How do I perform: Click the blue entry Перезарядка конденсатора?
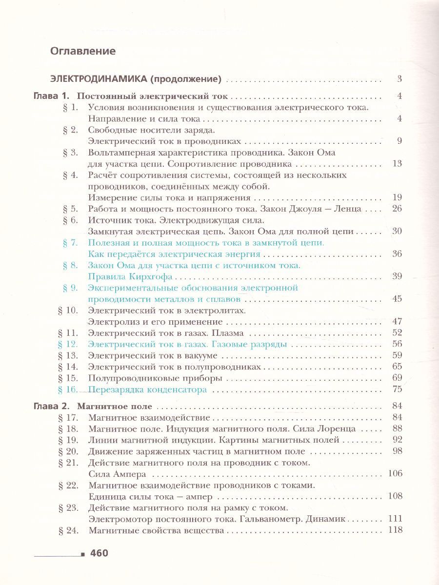(x=147, y=390)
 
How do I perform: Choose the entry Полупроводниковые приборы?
(x=150, y=378)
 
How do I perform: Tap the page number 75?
(x=397, y=390)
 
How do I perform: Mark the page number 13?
(x=397, y=163)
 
